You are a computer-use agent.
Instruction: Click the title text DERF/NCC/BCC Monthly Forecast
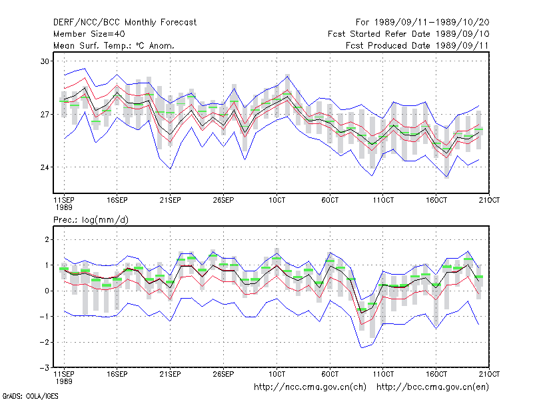[x=125, y=23]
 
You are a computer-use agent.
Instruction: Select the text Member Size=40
[x=89, y=34]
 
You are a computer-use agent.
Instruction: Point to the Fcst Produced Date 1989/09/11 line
[x=417, y=45]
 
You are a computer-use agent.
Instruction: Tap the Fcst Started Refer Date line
[x=408, y=34]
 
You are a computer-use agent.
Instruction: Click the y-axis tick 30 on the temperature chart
[x=45, y=61]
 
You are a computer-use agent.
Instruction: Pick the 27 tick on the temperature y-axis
[x=45, y=114]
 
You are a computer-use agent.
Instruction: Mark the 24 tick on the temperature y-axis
[x=45, y=167]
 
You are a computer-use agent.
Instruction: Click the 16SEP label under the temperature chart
[x=117, y=200]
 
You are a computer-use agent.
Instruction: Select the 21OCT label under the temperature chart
[x=489, y=200]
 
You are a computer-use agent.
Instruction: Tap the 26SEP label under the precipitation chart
[x=223, y=374]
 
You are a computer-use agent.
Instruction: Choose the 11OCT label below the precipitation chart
[x=383, y=374]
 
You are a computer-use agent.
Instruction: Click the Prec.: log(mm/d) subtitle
[x=91, y=220]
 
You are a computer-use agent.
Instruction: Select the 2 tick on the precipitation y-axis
[x=47, y=239]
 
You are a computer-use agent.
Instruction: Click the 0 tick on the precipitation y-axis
[x=47, y=291]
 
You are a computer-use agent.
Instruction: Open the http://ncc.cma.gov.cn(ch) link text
[x=310, y=387]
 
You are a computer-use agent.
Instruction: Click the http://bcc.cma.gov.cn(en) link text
[x=432, y=387]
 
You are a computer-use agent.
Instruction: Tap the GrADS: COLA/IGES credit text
[x=30, y=396]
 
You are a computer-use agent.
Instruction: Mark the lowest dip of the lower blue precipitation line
[x=362, y=347]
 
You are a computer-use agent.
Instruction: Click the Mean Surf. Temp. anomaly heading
[x=114, y=45]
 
